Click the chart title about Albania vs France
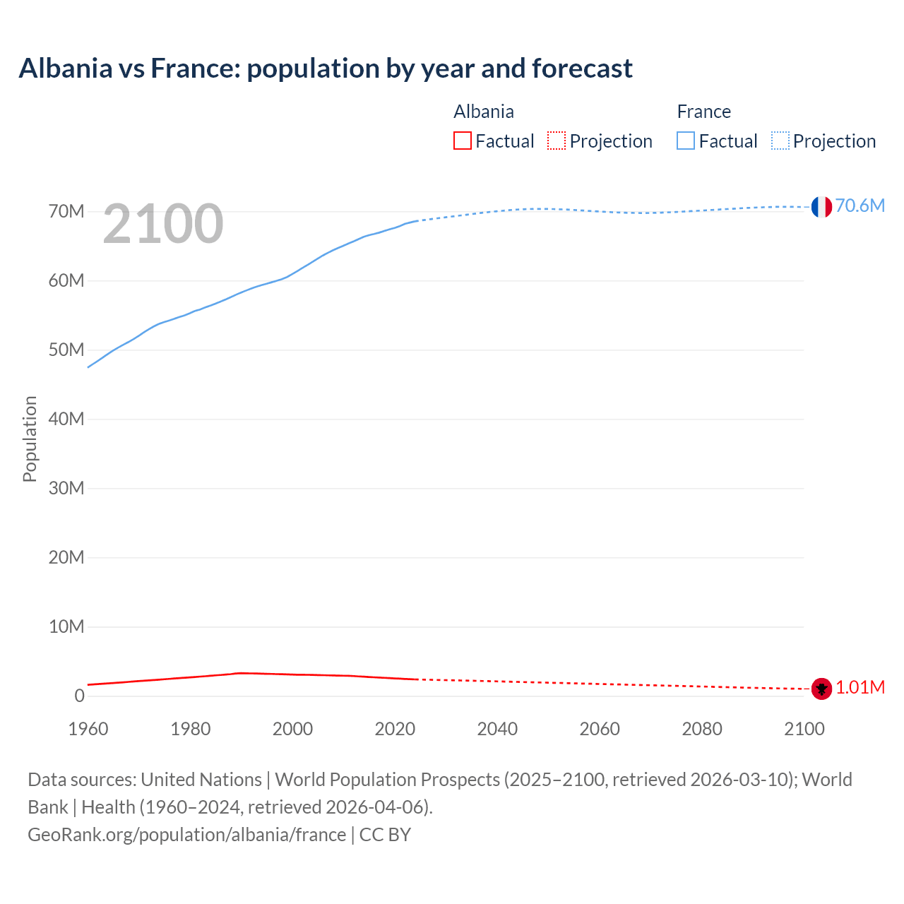pyautogui.click(x=326, y=69)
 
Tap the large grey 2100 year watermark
pyautogui.click(x=163, y=224)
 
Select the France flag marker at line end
pyautogui.click(x=821, y=206)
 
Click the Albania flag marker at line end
pyautogui.click(x=821, y=688)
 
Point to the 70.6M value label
pyautogui.click(x=860, y=206)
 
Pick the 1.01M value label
pyautogui.click(x=860, y=687)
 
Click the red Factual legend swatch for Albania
pyautogui.click(x=462, y=141)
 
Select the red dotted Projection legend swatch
pyautogui.click(x=557, y=141)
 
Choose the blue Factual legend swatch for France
pyautogui.click(x=685, y=141)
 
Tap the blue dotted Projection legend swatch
pyautogui.click(x=780, y=141)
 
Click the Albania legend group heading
pyautogui.click(x=484, y=112)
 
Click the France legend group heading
pyautogui.click(x=703, y=112)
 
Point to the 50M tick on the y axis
pyautogui.click(x=66, y=350)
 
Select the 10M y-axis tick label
pyautogui.click(x=66, y=627)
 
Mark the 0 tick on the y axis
pyautogui.click(x=79, y=696)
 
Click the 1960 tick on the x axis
pyautogui.click(x=88, y=729)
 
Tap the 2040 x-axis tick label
pyautogui.click(x=497, y=729)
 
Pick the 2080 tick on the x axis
pyautogui.click(x=702, y=729)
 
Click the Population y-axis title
pyautogui.click(x=30, y=439)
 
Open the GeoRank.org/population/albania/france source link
pyautogui.click(x=187, y=835)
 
